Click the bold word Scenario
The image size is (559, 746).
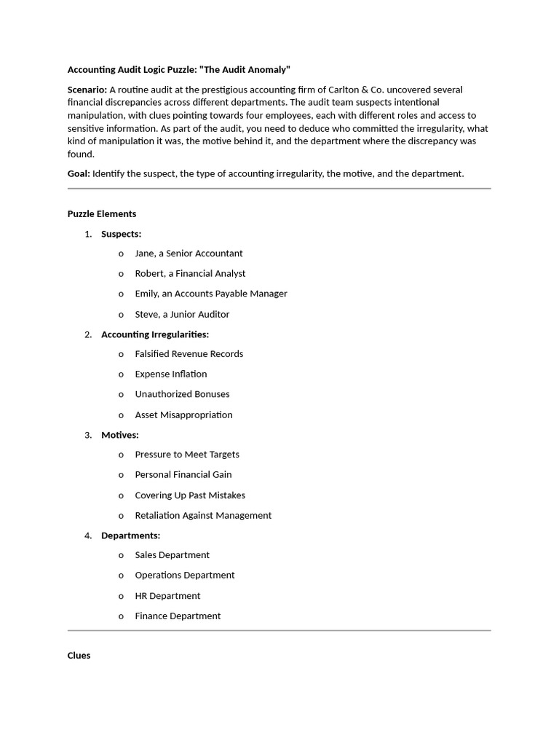pyautogui.click(x=87, y=90)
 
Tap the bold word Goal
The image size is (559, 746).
pyautogui.click(x=79, y=173)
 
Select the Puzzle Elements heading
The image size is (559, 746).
pyautogui.click(x=102, y=213)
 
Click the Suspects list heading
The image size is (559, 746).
pyautogui.click(x=121, y=234)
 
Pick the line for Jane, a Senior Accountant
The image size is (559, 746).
pyautogui.click(x=189, y=254)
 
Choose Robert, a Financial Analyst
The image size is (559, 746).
pyautogui.click(x=190, y=273)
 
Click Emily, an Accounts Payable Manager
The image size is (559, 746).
pyautogui.click(x=211, y=294)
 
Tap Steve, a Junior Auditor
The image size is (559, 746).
pyautogui.click(x=182, y=314)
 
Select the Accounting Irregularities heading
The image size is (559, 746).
pyautogui.click(x=155, y=334)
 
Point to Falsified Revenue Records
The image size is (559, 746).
pyautogui.click(x=189, y=354)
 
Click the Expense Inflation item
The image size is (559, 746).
pyautogui.click(x=171, y=374)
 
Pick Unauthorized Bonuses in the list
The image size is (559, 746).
pyautogui.click(x=182, y=394)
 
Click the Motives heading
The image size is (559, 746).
pyautogui.click(x=120, y=435)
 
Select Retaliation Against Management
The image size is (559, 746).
pyautogui.click(x=203, y=515)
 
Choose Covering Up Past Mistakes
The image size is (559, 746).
pyautogui.click(x=190, y=495)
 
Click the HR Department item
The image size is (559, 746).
pyautogui.click(x=167, y=596)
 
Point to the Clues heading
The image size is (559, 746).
pyautogui.click(x=79, y=656)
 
